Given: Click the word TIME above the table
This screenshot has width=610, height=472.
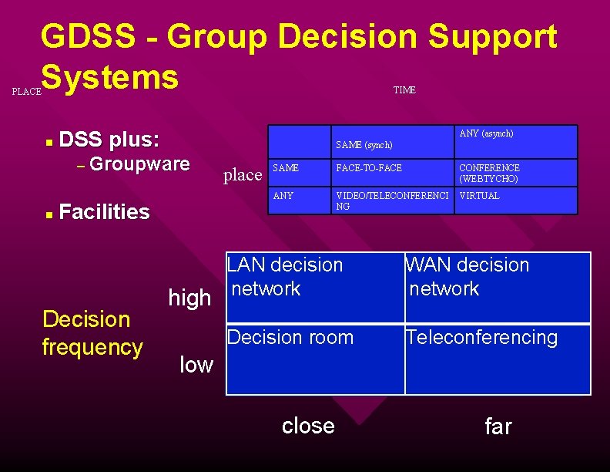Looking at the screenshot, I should point(404,90).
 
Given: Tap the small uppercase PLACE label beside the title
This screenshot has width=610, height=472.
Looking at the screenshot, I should point(27,92).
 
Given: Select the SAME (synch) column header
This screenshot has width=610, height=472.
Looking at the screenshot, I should point(364,145).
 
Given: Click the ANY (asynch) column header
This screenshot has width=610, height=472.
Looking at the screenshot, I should point(486,134).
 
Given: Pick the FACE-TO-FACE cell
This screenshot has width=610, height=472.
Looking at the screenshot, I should point(369,168).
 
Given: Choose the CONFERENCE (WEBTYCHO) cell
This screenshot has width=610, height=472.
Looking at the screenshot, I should point(489,174).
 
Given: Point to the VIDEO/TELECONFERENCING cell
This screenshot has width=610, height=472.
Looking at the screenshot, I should point(391,201).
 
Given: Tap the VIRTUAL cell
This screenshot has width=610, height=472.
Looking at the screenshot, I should point(479,196).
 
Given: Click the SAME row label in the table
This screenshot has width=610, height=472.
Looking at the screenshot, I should point(287,168).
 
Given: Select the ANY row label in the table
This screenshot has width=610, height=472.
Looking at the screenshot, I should point(283,196).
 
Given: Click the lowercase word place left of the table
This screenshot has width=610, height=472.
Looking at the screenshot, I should point(243,175).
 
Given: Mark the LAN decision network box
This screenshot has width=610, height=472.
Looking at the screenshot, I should point(314,286).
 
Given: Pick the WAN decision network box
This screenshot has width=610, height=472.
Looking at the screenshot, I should point(498,286).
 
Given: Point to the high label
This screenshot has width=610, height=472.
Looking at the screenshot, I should point(189,298).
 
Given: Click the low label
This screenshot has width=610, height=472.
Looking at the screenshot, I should point(196,365).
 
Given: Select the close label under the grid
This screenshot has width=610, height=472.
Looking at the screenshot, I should point(308,426).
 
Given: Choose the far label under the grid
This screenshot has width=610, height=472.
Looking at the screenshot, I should point(498,426).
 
